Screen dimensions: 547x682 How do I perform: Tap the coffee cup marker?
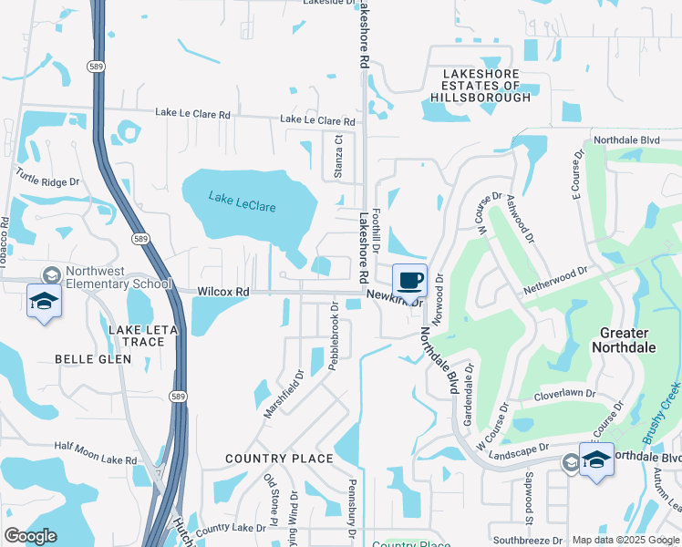tap(409, 280)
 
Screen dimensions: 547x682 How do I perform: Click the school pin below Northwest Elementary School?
tap(44, 303)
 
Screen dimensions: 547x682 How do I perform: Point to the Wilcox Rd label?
tap(223, 292)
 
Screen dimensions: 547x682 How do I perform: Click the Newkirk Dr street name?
tap(395, 295)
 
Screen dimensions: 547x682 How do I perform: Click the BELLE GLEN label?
tap(93, 359)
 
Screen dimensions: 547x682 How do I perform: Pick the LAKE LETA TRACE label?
tap(137, 335)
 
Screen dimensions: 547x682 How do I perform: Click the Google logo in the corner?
tap(30, 536)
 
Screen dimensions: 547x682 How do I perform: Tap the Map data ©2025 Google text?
tap(625, 540)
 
